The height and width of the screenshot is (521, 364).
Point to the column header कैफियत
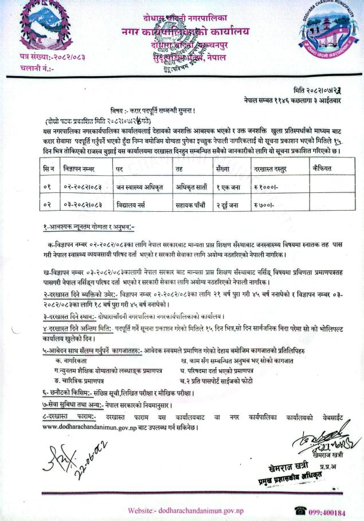click(x=323, y=169)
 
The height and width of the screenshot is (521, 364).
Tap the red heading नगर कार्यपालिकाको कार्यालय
click(x=181, y=32)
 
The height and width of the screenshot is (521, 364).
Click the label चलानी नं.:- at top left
click(x=37, y=68)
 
